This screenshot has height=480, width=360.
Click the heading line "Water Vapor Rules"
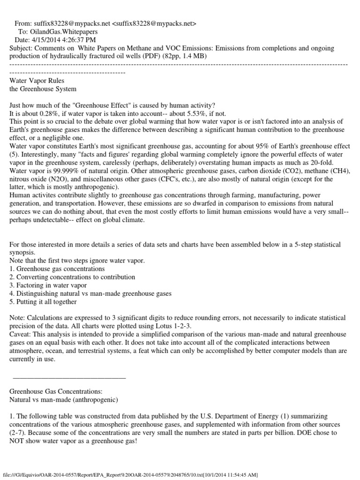[x=34, y=80]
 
